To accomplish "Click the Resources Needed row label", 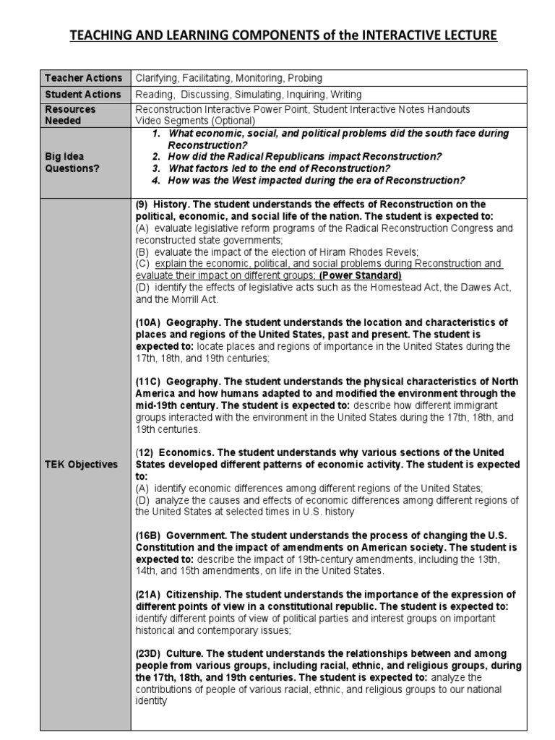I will coord(70,115).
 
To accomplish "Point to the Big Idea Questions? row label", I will coord(70,163).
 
